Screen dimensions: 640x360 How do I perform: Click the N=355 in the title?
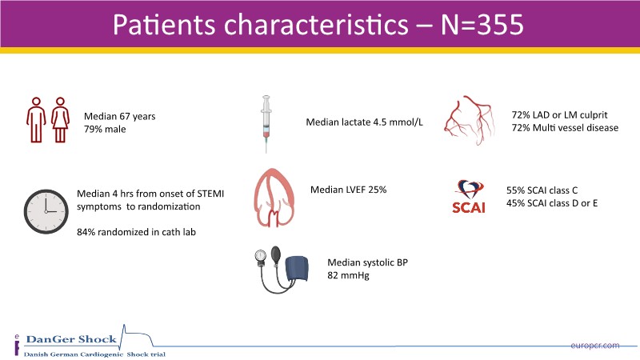point(482,25)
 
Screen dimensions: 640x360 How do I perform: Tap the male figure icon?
point(36,119)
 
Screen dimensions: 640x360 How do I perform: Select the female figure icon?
point(61,119)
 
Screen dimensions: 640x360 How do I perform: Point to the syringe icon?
point(266,124)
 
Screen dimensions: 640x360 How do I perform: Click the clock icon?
point(46,211)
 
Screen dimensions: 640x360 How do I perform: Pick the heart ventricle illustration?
point(274,198)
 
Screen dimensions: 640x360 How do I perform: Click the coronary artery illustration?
point(470,121)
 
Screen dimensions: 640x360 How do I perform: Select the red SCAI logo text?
point(469,208)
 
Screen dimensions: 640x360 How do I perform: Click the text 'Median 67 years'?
point(119,116)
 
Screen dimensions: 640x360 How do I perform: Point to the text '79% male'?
point(105,130)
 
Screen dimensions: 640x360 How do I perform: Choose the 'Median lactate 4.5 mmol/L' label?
point(365,122)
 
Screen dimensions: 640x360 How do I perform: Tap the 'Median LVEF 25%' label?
point(348,190)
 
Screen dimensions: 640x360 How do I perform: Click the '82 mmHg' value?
point(348,275)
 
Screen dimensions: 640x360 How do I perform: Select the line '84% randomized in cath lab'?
point(136,232)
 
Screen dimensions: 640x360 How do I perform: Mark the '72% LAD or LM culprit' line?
point(559,115)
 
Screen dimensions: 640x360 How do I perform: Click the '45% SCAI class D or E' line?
point(552,203)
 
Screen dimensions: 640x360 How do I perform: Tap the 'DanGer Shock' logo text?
point(71,339)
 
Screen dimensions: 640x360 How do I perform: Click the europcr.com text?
point(595,346)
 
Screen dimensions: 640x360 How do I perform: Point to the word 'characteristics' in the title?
point(316,25)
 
